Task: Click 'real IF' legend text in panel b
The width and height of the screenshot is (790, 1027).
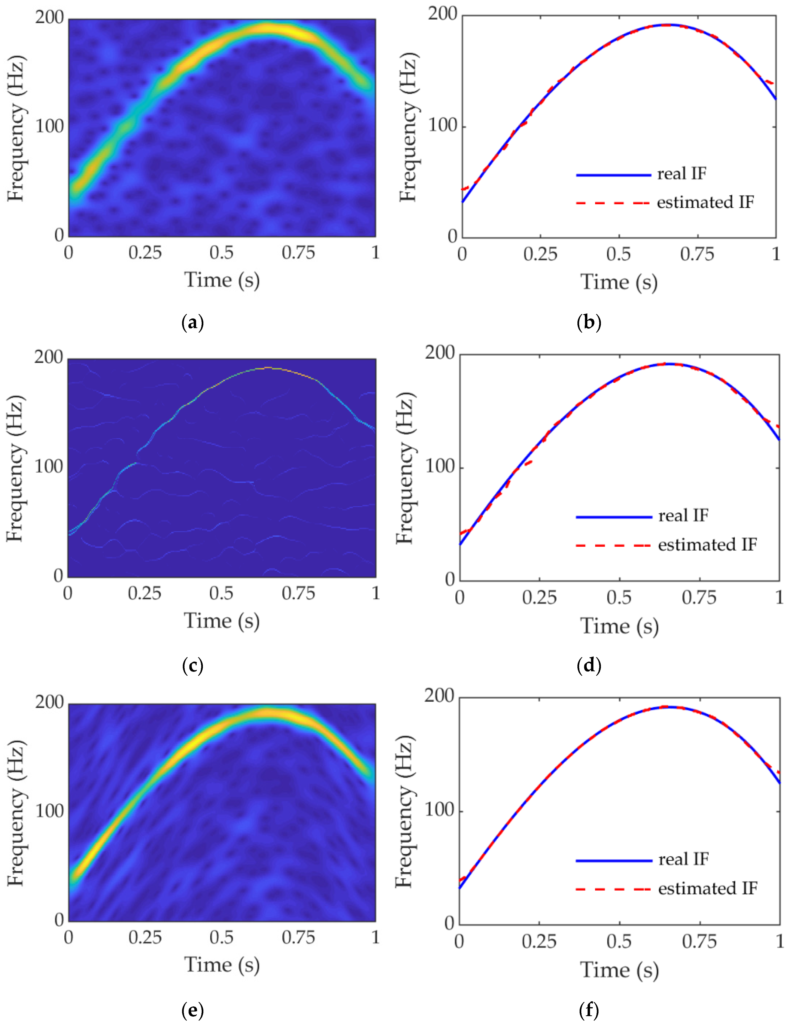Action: [x=682, y=174]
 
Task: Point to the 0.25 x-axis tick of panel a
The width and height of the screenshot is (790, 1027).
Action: [x=145, y=253]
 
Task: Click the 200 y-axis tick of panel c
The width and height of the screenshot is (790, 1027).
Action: [x=48, y=357]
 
